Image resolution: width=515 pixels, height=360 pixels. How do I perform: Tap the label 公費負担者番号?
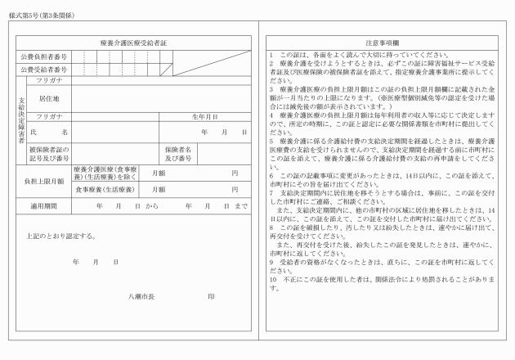pyautogui.click(x=45, y=56)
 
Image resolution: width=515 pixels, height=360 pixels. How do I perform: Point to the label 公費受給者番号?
pyautogui.click(x=45, y=70)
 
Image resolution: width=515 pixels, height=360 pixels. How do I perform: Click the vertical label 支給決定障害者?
pyautogui.click(x=22, y=120)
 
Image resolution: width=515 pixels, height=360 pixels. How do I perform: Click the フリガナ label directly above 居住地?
pyautogui.click(x=50, y=83)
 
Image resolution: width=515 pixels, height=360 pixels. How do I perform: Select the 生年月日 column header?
pyautogui.click(x=204, y=117)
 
